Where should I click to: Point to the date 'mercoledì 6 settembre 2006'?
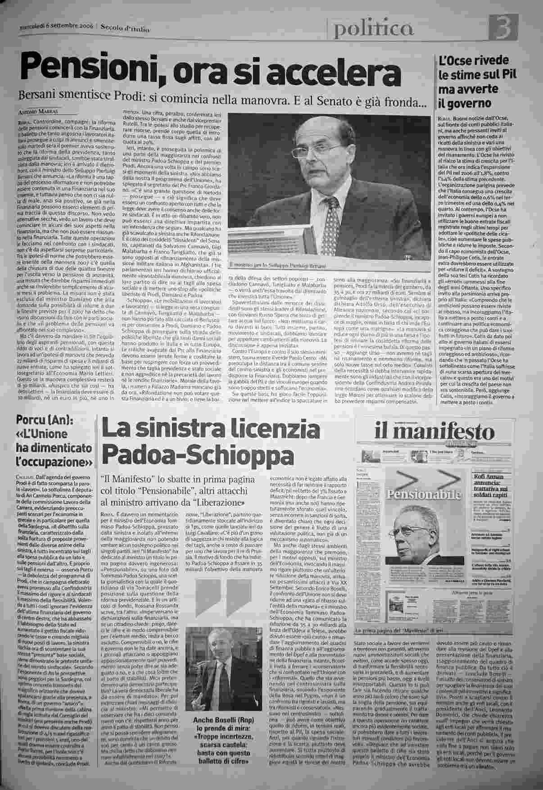(56, 27)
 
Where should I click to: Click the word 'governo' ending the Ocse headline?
(465, 103)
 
